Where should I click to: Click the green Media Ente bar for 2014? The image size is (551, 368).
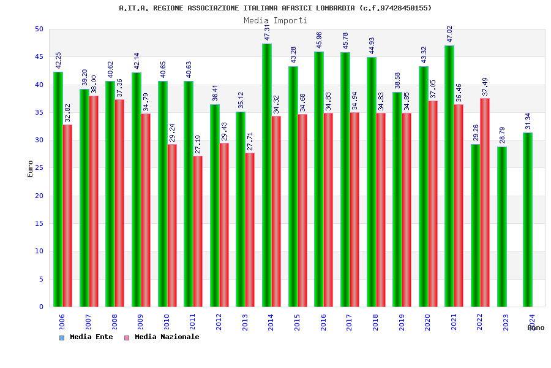point(267,175)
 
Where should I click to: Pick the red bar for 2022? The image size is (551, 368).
point(485,202)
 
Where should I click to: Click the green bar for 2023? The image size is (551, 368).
point(502,226)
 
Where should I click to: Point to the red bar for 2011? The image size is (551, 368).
point(198,231)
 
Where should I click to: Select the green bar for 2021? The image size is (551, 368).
point(449,176)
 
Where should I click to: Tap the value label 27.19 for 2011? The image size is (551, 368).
point(198,144)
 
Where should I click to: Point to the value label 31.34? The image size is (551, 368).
point(528,121)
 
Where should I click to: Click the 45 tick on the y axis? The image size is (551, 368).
point(39,56)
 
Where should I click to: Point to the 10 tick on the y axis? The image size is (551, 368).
point(39,251)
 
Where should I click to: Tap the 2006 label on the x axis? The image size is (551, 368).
point(62,323)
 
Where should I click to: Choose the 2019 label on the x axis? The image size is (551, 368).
point(402,323)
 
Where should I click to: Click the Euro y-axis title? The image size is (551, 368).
point(31,169)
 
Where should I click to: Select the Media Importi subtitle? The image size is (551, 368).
point(275,20)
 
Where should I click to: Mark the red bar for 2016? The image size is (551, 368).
point(328,209)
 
